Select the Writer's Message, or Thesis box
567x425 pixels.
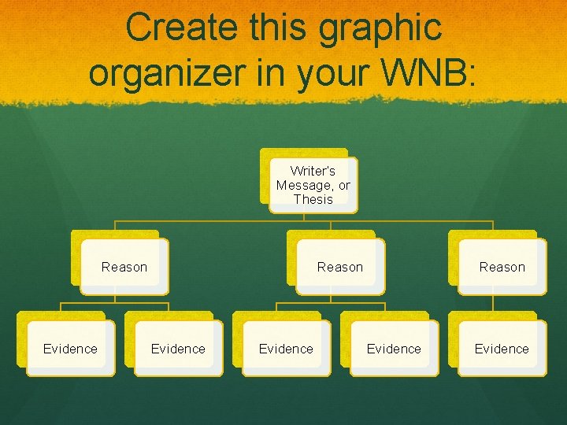point(313,185)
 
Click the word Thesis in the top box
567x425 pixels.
point(313,199)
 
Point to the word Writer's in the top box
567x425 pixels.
point(313,171)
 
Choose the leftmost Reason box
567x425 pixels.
point(124,267)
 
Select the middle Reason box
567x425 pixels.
point(339,267)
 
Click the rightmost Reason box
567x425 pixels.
point(502,267)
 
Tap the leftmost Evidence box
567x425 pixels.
point(70,349)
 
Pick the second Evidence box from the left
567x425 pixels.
point(178,349)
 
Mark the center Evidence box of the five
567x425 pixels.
point(286,349)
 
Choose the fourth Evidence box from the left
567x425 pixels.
point(394,349)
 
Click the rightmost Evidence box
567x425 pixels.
point(502,349)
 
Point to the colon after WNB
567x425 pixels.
point(472,74)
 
